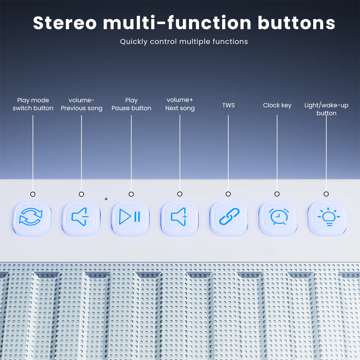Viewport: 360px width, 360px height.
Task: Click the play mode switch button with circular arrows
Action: coord(32,219)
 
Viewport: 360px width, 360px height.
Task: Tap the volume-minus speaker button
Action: coord(81,219)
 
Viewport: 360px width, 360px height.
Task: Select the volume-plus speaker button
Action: coord(180,219)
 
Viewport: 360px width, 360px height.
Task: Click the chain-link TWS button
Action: coord(229,219)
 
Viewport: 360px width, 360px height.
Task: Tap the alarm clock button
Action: coord(278,219)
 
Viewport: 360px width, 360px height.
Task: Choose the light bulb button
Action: coord(327,219)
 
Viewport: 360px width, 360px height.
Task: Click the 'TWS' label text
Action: coord(229,105)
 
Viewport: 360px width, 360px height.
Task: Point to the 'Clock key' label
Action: coord(277,105)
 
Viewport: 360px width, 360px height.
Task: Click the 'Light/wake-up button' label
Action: coord(326,109)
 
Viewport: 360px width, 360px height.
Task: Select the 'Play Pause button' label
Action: coord(131,104)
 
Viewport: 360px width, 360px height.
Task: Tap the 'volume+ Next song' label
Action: coord(180,104)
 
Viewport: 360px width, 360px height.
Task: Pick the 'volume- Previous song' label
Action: coord(81,104)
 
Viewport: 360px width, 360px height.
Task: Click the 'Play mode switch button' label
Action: coord(33,104)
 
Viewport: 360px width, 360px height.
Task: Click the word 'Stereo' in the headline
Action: coord(65,23)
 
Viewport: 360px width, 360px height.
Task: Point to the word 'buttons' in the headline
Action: coord(296,23)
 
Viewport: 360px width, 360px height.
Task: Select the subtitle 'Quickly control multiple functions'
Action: coord(184,41)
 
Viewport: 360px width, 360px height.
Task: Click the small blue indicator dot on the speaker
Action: coord(106,199)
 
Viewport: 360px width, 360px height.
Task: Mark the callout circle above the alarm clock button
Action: coord(277,194)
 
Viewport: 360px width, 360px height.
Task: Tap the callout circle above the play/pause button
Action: coord(131,194)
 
